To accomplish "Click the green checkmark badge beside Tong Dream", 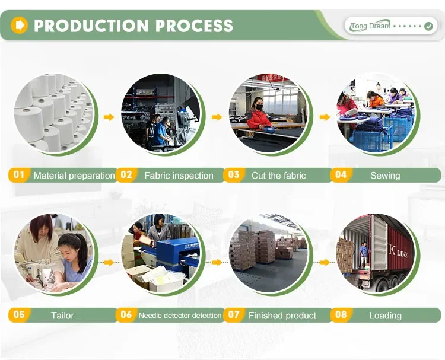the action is [428, 26].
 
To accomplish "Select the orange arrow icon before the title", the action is [20, 25].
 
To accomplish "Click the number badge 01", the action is [19, 175].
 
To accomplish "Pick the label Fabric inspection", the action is [179, 176].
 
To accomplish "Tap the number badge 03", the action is [234, 175].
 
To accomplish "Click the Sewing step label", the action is [385, 176].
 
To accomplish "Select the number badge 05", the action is [19, 315].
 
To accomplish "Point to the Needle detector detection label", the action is [180, 316].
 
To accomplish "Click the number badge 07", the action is [234, 315].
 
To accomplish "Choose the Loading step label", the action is [385, 316].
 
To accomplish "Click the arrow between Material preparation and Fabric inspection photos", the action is [108, 117].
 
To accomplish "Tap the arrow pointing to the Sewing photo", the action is [324, 117].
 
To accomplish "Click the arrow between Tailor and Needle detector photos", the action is [108, 262].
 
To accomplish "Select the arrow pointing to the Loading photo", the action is [324, 262].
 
